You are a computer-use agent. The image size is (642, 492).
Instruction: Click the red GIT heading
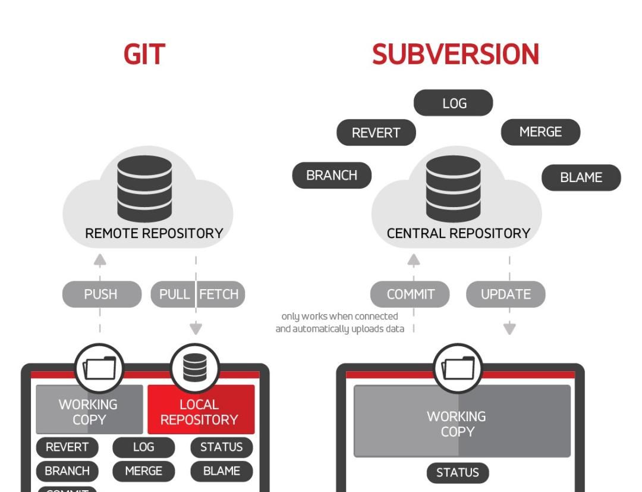(144, 55)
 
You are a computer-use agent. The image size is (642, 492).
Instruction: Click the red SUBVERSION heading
(455, 55)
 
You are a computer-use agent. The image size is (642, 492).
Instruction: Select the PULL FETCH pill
(198, 294)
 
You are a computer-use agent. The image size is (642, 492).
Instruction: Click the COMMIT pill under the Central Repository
(410, 294)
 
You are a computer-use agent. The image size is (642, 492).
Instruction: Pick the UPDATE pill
(505, 294)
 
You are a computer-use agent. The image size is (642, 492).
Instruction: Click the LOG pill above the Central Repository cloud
(454, 103)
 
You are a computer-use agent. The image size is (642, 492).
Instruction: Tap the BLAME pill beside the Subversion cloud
(581, 177)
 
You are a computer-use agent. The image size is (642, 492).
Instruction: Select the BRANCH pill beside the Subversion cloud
(332, 176)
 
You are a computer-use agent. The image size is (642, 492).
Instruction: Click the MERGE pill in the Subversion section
(540, 131)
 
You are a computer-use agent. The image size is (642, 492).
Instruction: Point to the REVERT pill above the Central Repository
(376, 133)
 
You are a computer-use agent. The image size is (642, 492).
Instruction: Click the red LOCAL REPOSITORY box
(200, 411)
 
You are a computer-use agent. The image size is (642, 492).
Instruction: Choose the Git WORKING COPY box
(89, 411)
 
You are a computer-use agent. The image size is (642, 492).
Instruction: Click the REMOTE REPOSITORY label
(154, 234)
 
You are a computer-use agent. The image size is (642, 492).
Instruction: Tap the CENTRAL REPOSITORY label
(458, 234)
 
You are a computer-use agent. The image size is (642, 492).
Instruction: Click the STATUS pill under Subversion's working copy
(457, 473)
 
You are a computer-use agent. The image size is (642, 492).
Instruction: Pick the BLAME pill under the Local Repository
(222, 471)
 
